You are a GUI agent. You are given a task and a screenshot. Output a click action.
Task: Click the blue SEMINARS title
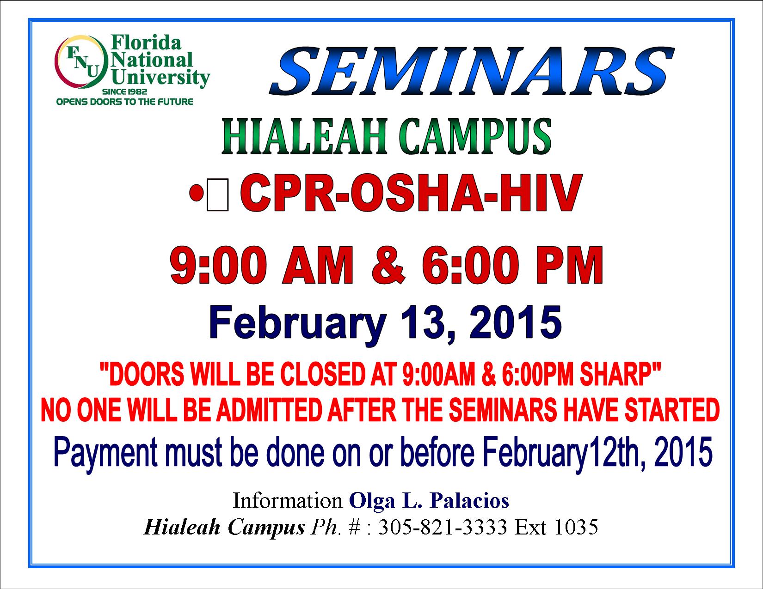(472, 72)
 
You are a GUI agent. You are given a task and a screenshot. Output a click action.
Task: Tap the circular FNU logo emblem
(81, 62)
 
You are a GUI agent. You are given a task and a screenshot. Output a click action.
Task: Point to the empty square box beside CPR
(218, 195)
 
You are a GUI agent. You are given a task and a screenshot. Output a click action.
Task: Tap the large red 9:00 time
(218, 265)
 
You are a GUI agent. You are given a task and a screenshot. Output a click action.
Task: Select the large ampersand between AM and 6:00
(388, 265)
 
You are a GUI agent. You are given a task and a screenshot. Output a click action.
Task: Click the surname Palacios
(470, 501)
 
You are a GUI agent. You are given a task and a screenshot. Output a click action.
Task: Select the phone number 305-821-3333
(443, 527)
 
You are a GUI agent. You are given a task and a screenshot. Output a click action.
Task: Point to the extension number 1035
(576, 527)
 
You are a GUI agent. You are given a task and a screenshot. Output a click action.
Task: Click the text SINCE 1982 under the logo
(125, 92)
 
